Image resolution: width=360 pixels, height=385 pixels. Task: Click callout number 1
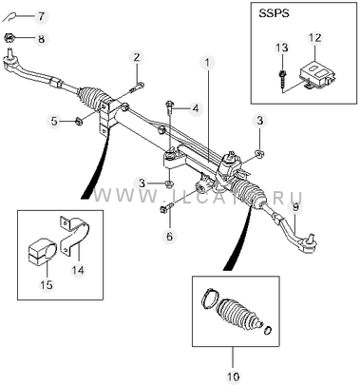click(207, 63)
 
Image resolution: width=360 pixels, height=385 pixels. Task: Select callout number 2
click(137, 58)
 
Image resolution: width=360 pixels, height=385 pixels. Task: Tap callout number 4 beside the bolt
click(196, 108)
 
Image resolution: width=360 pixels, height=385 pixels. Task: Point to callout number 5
click(55, 121)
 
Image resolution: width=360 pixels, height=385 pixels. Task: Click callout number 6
click(170, 236)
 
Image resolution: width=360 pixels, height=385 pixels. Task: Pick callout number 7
click(42, 16)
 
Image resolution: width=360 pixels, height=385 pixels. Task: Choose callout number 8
click(42, 39)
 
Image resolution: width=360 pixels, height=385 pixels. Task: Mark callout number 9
click(295, 208)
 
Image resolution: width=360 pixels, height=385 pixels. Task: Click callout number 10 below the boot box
click(233, 377)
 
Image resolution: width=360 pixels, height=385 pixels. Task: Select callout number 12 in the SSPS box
click(315, 38)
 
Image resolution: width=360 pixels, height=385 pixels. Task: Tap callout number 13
click(282, 48)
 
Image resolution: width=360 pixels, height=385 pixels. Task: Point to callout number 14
click(78, 270)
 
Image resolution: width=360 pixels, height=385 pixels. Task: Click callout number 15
click(47, 284)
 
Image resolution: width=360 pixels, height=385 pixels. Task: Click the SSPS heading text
click(274, 14)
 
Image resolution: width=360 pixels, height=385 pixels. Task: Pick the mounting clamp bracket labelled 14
click(75, 236)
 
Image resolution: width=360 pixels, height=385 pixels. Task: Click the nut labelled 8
click(9, 39)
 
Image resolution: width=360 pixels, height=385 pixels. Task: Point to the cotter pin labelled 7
click(11, 17)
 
